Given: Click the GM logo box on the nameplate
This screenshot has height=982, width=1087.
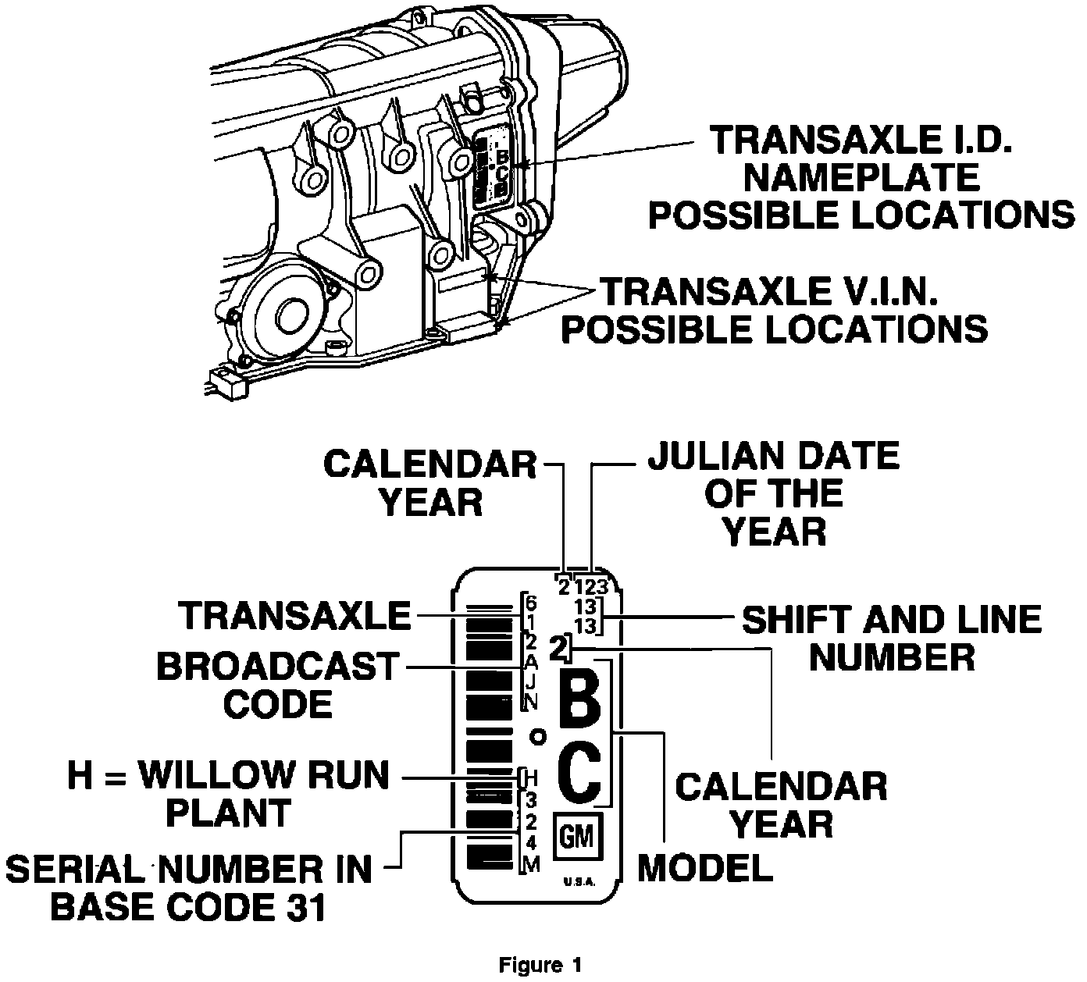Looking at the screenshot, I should click(577, 837).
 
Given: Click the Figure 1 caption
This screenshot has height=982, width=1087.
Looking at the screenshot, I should click(540, 965).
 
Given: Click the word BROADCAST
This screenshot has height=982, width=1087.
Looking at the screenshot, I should click(277, 667).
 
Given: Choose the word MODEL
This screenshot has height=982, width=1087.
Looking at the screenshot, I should click(705, 867).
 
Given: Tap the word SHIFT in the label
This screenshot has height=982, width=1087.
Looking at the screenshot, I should click(793, 620).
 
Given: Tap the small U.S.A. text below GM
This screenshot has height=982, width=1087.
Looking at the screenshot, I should click(579, 883).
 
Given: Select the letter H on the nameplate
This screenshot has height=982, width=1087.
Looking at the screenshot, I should click(531, 777).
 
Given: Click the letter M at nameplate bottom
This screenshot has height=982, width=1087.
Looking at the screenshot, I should click(531, 864).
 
